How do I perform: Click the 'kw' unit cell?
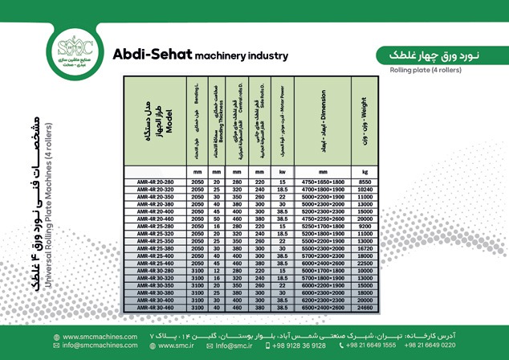point(283,172)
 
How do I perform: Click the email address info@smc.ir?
point(231,346)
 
